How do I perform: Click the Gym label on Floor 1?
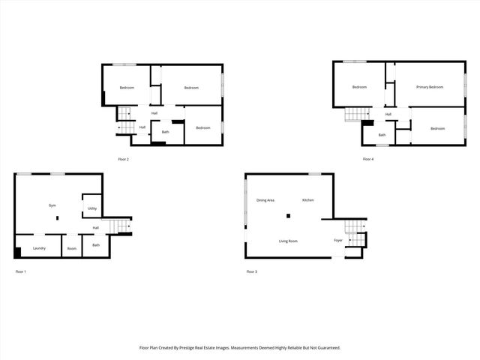pos(52,205)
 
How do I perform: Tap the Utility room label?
pos(91,208)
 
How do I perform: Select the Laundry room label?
pos(40,247)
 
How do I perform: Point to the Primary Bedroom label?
pos(430,87)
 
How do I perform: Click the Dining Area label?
pos(265,200)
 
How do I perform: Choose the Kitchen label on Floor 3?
pos(307,200)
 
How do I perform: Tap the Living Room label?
pos(288,241)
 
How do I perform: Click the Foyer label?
pos(338,241)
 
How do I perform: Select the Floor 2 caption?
pos(124,159)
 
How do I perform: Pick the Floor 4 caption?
pos(367,159)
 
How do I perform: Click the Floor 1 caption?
pos(20,271)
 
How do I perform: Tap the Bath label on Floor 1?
pos(96,244)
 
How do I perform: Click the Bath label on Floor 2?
pos(165,132)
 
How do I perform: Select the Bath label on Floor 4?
pos(382,135)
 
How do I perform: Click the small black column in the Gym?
pos(56,218)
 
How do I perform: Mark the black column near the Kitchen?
pos(288,217)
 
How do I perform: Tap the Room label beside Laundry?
pos(71,248)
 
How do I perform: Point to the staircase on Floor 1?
pos(121,226)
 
